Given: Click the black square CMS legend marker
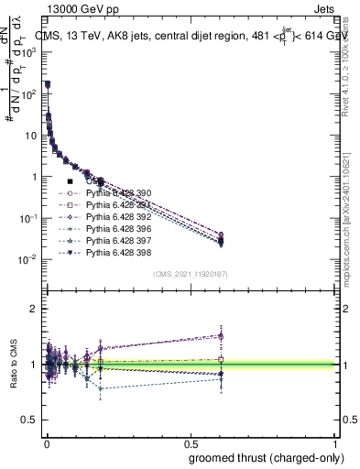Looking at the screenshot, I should (x=70, y=182).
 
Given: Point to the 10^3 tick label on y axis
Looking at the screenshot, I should (x=27, y=52).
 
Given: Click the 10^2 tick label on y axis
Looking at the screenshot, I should (x=27, y=93).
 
